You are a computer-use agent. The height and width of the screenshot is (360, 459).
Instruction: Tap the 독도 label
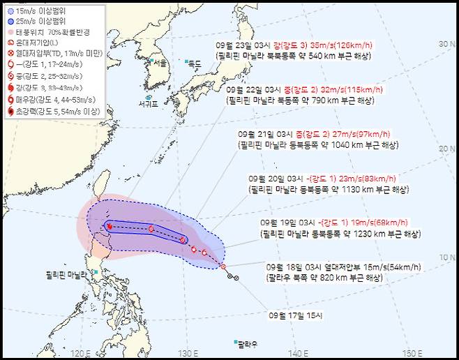(194, 63)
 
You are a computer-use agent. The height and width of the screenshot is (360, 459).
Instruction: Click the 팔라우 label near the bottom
(245, 344)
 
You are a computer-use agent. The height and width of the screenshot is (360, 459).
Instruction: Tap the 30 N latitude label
(445, 44)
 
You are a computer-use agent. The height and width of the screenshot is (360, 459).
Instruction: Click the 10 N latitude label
(445, 257)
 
